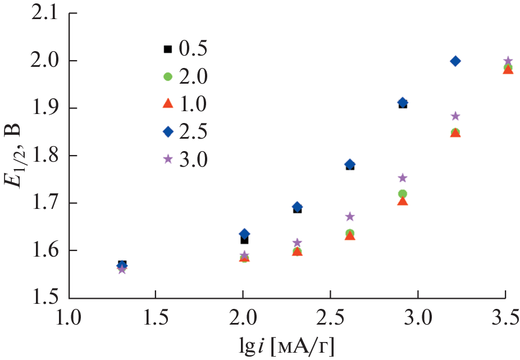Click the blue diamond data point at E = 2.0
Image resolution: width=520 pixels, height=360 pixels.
(455, 61)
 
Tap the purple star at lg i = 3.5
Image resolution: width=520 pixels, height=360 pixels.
(508, 61)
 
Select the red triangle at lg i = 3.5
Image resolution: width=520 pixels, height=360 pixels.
(508, 69)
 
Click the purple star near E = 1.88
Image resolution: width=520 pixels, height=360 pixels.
(455, 116)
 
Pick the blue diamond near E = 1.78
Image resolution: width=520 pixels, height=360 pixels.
(350, 165)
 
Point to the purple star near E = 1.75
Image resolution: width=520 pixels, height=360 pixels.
(403, 178)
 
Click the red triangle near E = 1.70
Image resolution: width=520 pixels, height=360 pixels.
(403, 201)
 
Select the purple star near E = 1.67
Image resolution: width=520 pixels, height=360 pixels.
(350, 217)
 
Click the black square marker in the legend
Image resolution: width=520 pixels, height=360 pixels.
(167, 49)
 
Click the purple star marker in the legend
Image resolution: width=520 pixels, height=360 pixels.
(167, 159)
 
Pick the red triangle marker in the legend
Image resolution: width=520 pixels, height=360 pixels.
(167, 104)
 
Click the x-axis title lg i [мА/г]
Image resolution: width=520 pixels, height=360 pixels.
(287, 347)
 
